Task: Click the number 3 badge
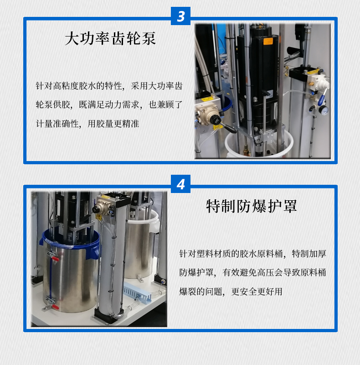(180, 17)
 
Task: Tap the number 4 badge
(180, 185)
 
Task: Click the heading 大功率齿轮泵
(110, 39)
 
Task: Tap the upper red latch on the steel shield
(54, 261)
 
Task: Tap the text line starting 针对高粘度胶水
(109, 86)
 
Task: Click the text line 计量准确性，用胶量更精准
(87, 123)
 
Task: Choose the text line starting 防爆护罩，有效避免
(252, 272)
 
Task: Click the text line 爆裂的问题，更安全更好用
(231, 291)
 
